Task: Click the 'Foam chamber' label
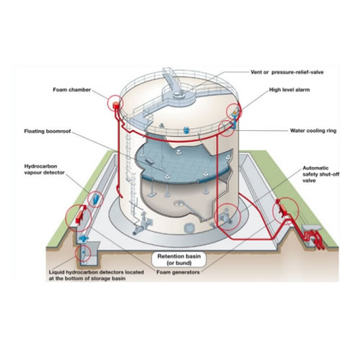point(72,90)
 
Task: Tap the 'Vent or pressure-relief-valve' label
point(287,72)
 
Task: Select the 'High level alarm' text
point(289,90)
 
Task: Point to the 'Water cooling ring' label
point(313,130)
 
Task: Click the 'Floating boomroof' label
point(48,131)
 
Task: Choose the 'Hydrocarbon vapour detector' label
point(45,169)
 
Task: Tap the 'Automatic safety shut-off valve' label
point(321,174)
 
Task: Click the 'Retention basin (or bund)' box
point(179,259)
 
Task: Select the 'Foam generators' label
point(178,272)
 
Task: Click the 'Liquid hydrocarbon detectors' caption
point(96,275)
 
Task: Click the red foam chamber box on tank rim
point(116,105)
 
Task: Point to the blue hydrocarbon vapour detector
point(96,198)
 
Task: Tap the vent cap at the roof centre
point(177,94)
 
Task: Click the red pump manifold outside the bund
point(314,238)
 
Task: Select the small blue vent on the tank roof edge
point(186,130)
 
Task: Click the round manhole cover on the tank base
point(189,228)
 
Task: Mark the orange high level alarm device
point(235,112)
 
